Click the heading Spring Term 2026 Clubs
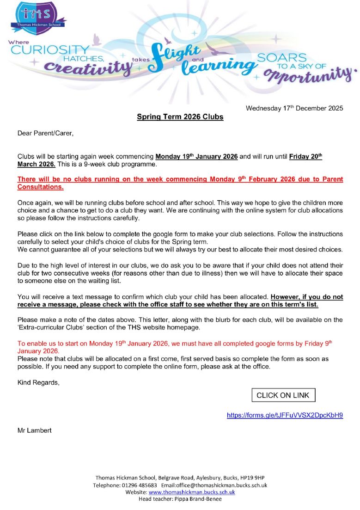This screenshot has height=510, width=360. pyautogui.click(x=180, y=117)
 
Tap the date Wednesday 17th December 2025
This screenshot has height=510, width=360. pyautogui.click(x=294, y=108)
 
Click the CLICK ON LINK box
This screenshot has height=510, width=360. pyautogui.click(x=283, y=395)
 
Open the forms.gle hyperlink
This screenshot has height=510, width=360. pyautogui.click(x=285, y=415)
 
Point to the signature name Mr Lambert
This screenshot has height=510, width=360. pyautogui.click(x=35, y=430)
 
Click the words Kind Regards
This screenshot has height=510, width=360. pyautogui.click(x=38, y=382)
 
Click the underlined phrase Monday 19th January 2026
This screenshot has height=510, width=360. pyautogui.click(x=196, y=156)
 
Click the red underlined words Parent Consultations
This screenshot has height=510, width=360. pyautogui.click(x=40, y=187)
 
